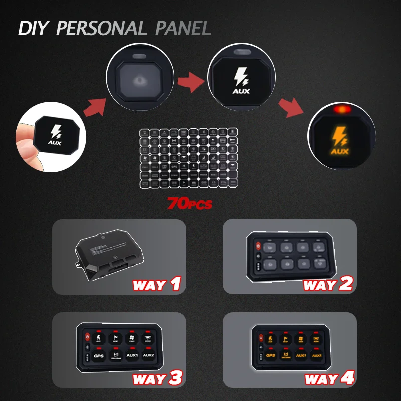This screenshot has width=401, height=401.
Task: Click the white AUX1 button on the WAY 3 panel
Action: point(132,355)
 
